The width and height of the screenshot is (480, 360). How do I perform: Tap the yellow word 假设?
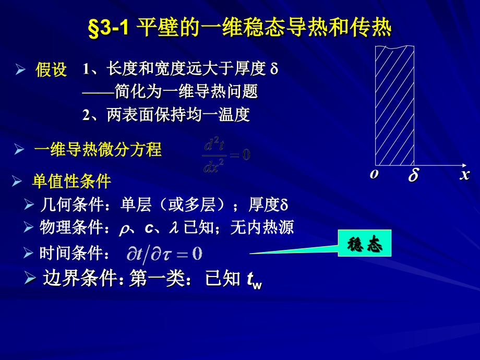pos(51,69)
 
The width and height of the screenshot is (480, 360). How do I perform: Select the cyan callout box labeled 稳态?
pos(364,243)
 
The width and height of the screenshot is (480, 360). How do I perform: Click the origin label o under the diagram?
pos(374,174)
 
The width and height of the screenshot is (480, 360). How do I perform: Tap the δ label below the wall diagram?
pos(413,175)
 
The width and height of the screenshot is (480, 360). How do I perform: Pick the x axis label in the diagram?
pos(464,174)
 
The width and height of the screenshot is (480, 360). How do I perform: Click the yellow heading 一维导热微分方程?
pos(98,150)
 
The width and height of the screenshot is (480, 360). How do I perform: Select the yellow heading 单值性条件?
pos(71,181)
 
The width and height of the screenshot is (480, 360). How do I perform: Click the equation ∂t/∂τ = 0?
pos(164,254)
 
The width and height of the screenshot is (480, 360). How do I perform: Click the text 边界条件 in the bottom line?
pos(80,279)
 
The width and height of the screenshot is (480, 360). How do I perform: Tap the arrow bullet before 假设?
pos(20,69)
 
